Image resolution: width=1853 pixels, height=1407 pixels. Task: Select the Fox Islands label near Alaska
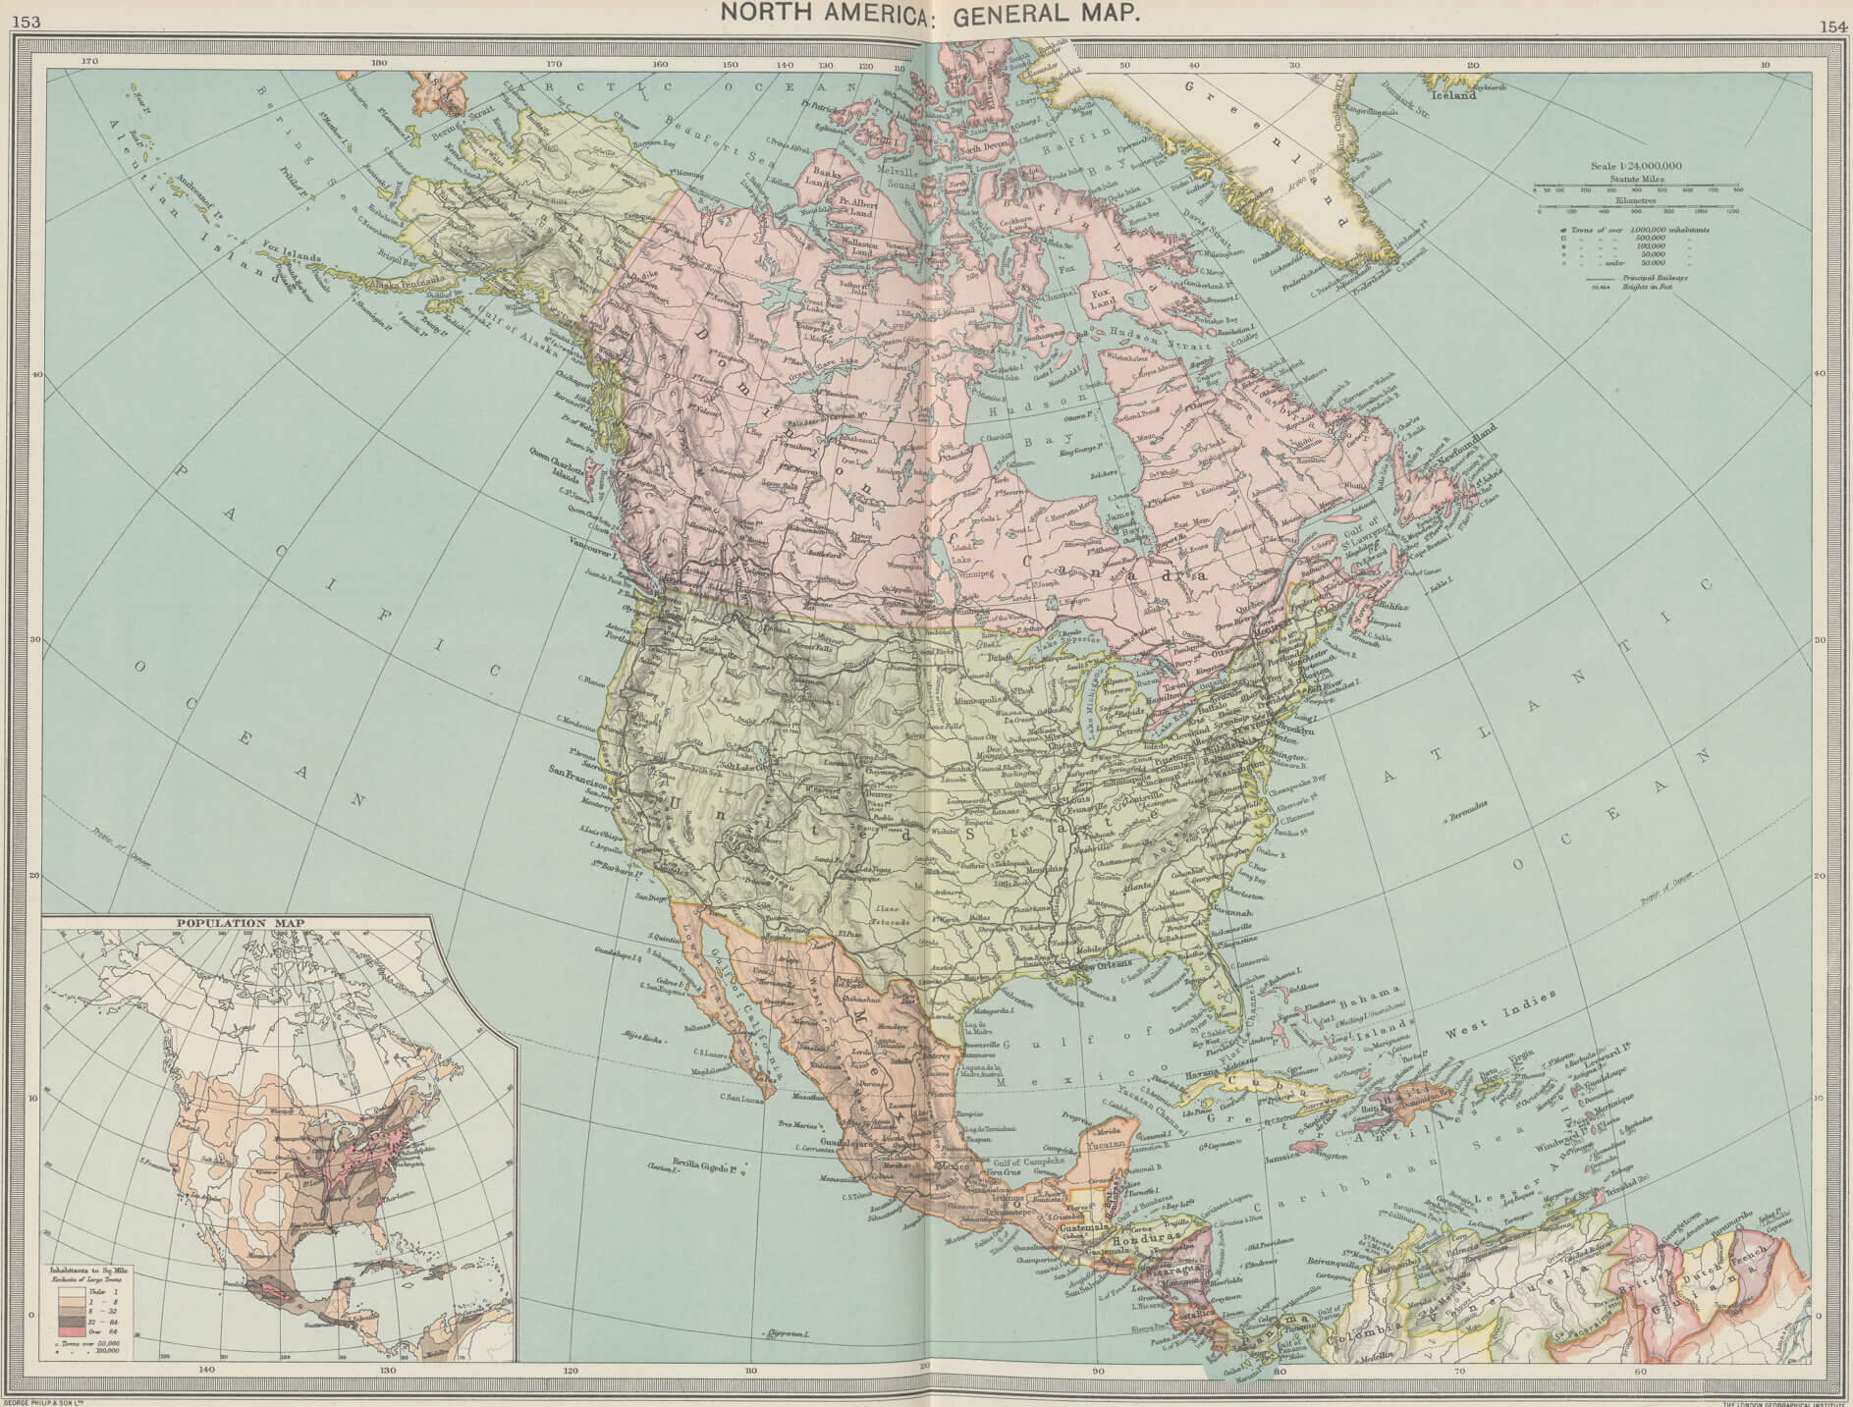pyautogui.click(x=291, y=257)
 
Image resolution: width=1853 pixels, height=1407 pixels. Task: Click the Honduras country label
pyautogui.click(x=1149, y=1238)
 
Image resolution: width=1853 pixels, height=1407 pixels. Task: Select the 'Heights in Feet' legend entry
pyautogui.click(x=1661, y=287)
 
